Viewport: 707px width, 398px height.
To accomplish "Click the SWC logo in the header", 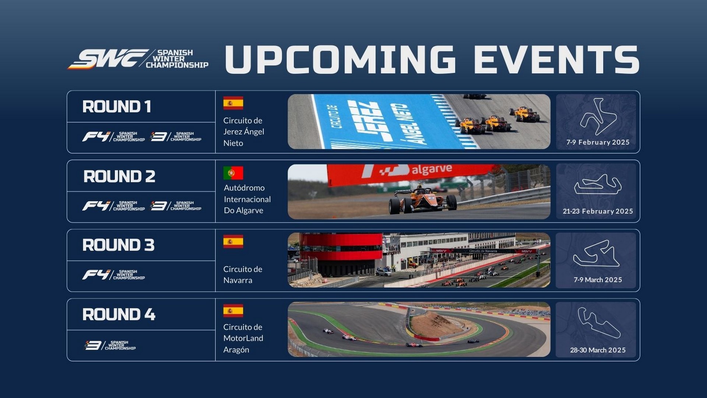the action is coord(138,59).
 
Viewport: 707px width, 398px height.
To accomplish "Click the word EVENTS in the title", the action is coord(556,59).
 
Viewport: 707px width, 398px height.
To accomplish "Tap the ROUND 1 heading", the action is coord(117,107).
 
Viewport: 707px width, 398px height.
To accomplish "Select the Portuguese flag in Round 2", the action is coord(233,173).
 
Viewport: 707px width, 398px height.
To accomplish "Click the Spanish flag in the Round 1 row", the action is coord(233,103).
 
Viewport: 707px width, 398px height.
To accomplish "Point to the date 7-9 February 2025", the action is coord(598,142).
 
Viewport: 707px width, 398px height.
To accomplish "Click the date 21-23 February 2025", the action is coord(598,211).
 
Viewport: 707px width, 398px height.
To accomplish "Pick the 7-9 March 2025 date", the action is coord(598,280).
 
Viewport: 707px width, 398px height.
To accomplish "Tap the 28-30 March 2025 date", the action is coord(598,350).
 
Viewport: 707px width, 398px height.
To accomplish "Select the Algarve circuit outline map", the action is coord(598,185).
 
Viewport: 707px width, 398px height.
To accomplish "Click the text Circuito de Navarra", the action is coord(243,275).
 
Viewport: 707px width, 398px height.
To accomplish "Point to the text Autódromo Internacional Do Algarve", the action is coord(247,199).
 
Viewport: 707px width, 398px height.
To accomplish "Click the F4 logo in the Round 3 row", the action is coord(113,275).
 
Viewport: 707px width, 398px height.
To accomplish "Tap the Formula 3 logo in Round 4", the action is coord(110,345).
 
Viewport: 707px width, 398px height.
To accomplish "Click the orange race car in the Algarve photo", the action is coord(423,200).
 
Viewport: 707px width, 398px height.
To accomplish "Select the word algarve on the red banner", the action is coord(432,169).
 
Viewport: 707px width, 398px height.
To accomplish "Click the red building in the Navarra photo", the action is coord(341,254).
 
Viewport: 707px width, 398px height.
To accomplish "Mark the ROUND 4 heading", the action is coord(119,315).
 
